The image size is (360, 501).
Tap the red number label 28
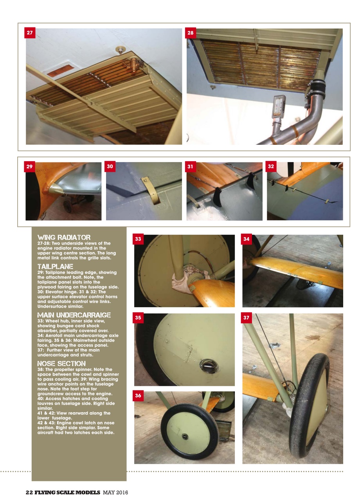[191, 33]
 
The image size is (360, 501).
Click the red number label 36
[139, 396]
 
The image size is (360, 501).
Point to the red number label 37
[247, 318]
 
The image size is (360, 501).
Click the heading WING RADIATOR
[64, 238]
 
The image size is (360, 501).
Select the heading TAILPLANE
[55, 267]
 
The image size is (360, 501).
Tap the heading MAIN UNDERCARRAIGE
[74, 315]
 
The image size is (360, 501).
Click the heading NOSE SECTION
[61, 364]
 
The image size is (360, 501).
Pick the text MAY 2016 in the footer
[115, 492]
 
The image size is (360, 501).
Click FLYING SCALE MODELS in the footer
[68, 492]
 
